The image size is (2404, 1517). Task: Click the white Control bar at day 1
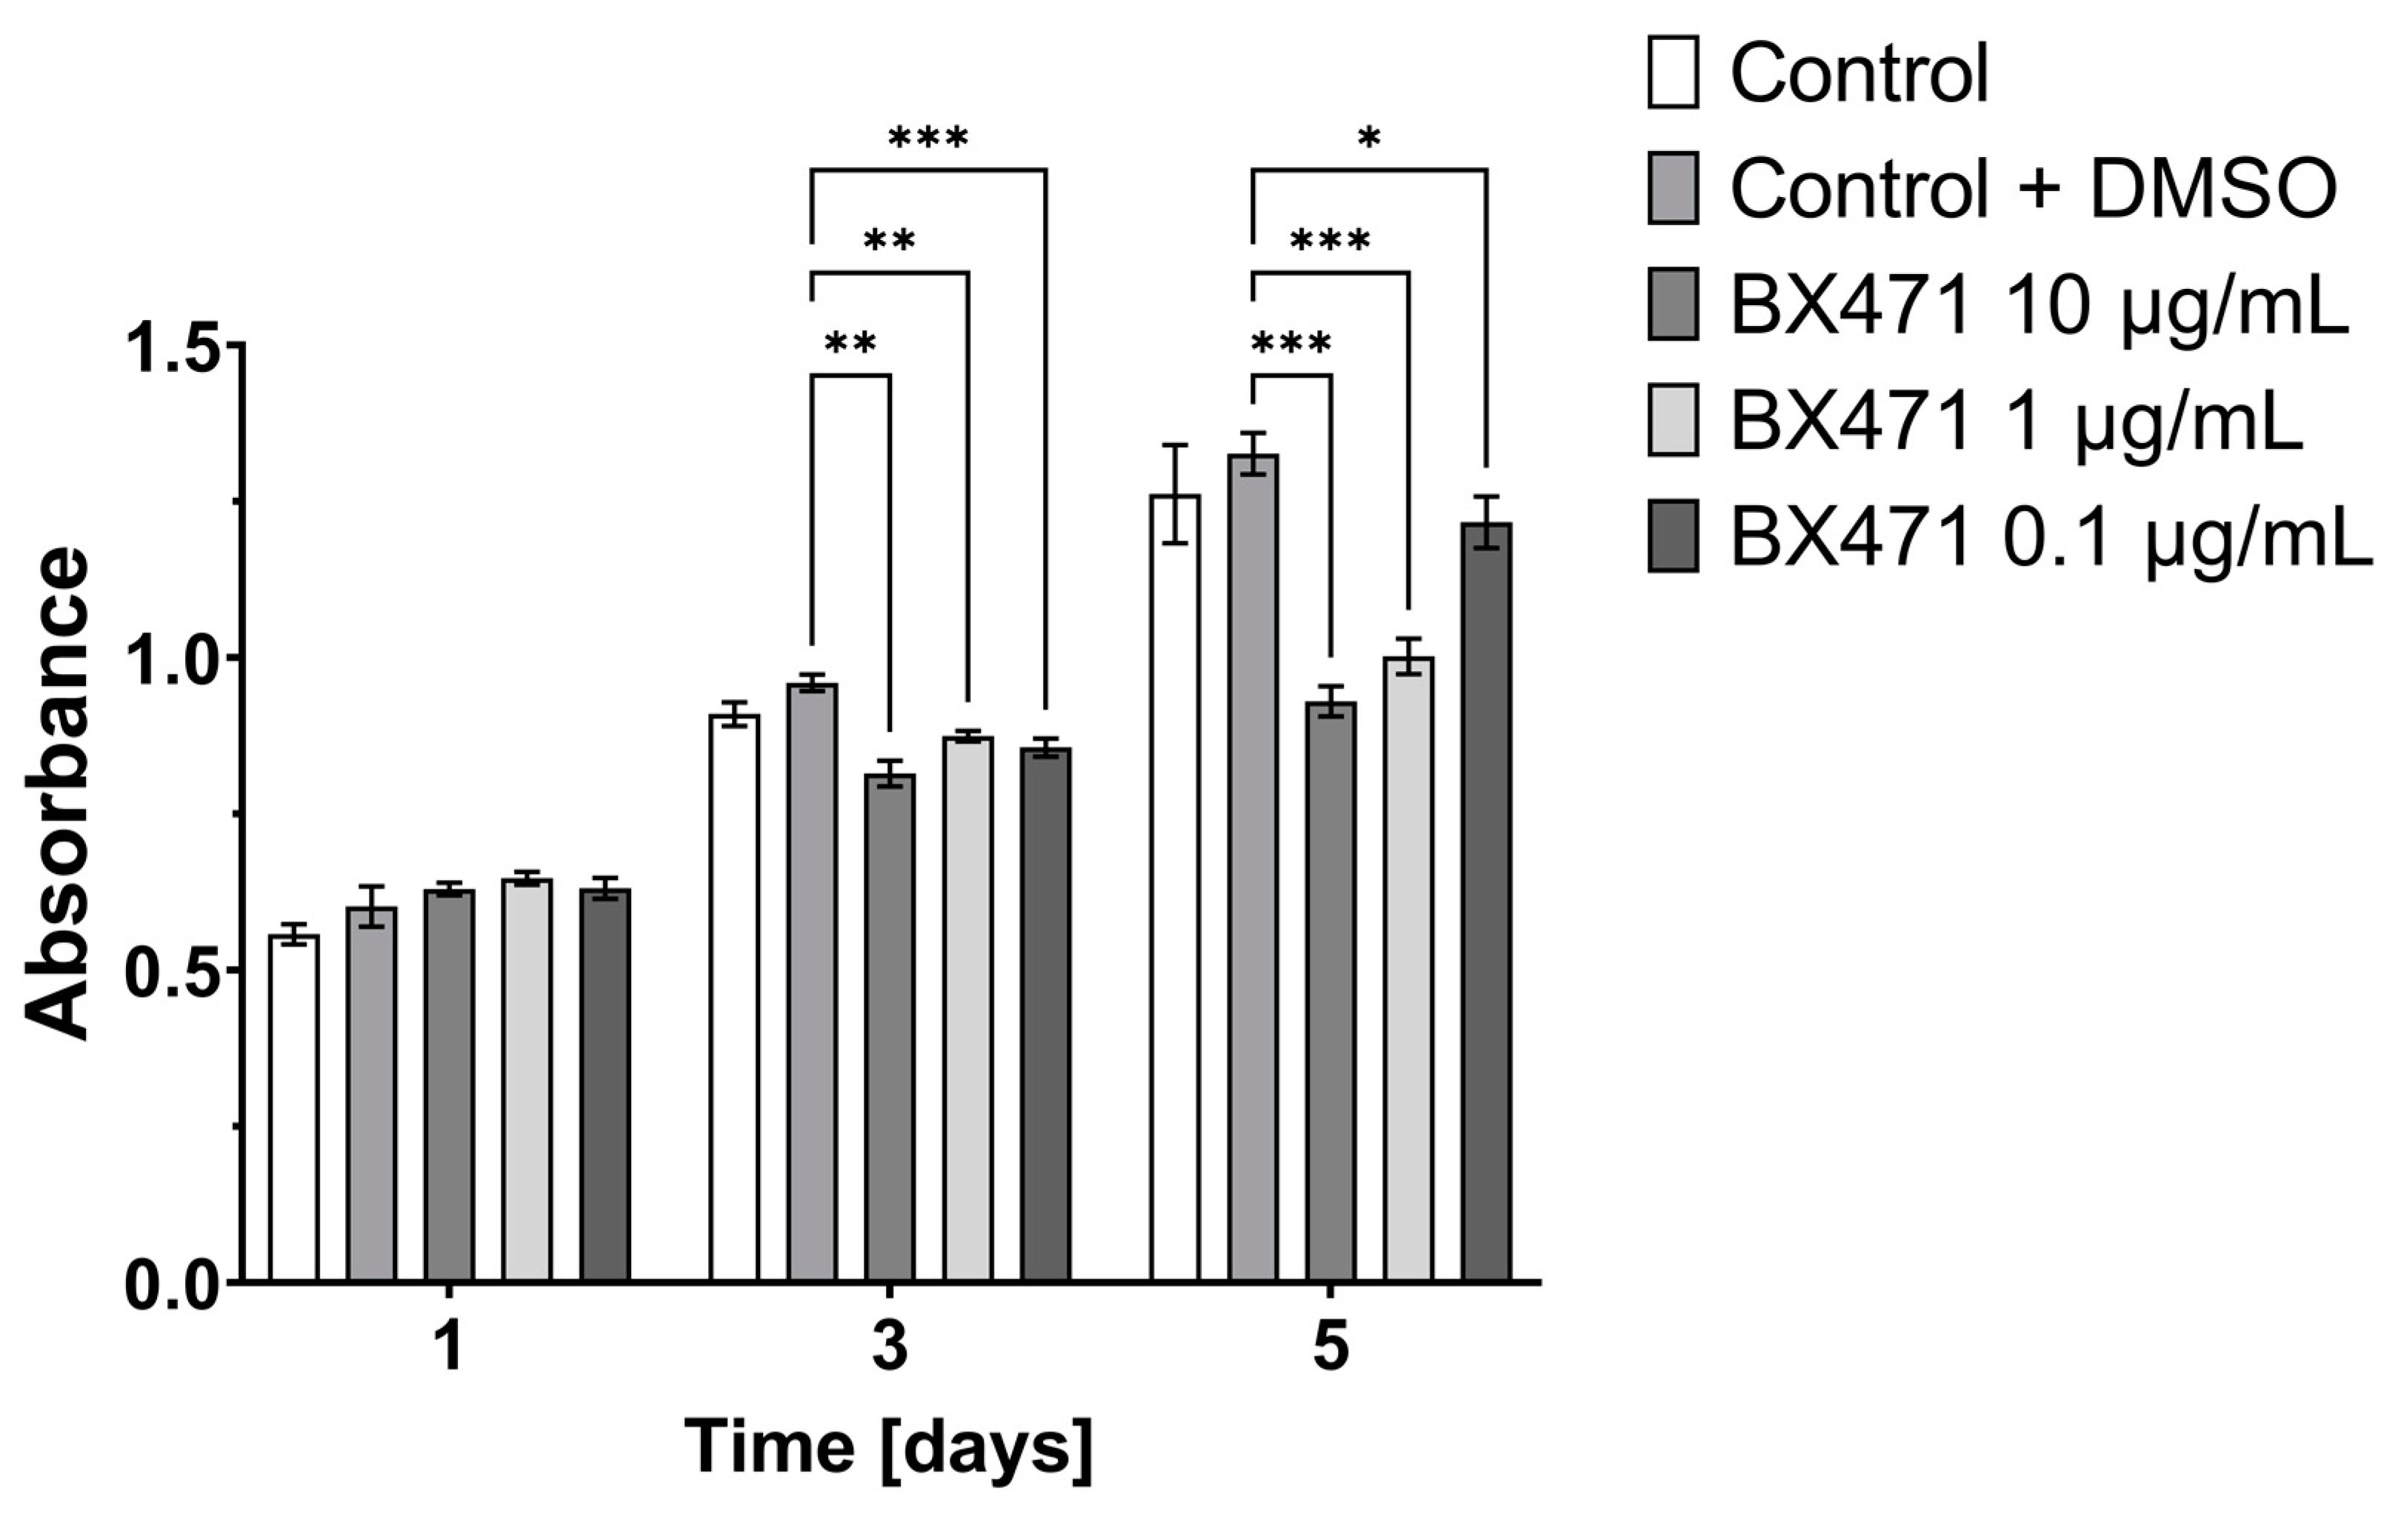tap(293, 1108)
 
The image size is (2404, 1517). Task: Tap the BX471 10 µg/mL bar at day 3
tap(890, 1028)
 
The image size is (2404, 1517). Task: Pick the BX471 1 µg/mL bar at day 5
tap(1408, 968)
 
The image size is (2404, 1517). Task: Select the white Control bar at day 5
tap(1175, 888)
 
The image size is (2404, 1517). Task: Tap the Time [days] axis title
tap(888, 1447)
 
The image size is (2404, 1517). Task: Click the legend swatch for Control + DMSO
tap(1672, 187)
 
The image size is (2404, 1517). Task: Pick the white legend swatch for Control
tap(1672, 72)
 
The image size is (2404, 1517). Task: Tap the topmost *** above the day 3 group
tap(928, 138)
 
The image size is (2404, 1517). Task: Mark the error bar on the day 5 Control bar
tap(1175, 494)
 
